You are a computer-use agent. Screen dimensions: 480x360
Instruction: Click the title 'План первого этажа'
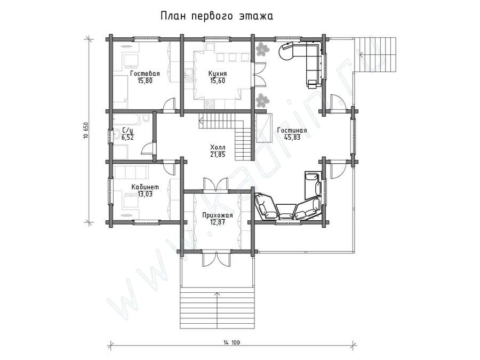click(217, 16)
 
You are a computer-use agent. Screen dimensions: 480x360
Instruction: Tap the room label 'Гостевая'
click(145, 74)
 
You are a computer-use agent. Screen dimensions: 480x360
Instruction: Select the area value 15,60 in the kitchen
click(218, 81)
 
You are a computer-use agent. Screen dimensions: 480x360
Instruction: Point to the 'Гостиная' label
click(292, 131)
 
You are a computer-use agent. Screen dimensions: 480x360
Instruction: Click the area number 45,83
click(292, 138)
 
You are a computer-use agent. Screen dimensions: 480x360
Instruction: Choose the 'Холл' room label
click(218, 148)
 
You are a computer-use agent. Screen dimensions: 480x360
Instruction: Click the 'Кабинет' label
click(145, 187)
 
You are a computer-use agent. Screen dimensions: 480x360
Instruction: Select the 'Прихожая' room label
click(218, 215)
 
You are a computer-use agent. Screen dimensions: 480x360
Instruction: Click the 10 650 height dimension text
click(86, 131)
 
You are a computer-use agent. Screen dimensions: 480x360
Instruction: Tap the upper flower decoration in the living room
click(262, 49)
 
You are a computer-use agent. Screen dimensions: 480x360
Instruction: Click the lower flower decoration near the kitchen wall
click(262, 100)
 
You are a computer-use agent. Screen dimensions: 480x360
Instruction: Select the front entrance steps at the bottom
click(218, 309)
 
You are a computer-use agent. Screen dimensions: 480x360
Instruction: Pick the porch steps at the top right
click(375, 55)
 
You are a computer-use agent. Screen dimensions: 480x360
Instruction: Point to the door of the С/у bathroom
click(148, 148)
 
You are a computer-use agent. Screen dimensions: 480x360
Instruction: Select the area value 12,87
click(218, 222)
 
